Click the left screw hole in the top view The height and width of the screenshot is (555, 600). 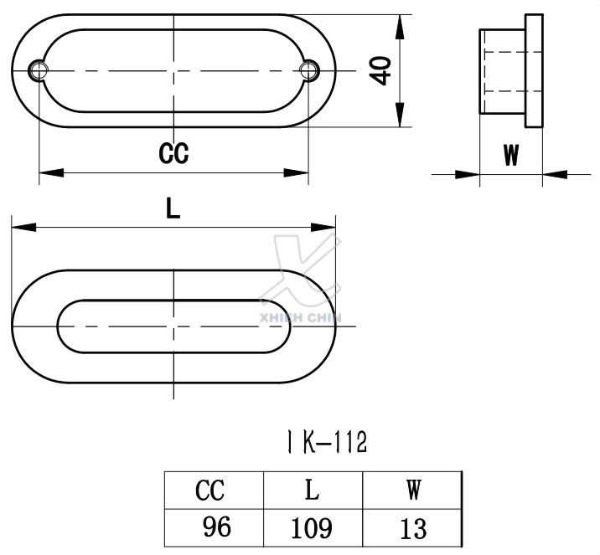(39, 70)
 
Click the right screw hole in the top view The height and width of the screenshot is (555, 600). (309, 70)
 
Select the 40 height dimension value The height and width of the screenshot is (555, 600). (381, 71)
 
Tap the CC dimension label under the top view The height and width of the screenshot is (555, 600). (173, 153)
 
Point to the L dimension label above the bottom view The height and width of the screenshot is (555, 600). (173, 209)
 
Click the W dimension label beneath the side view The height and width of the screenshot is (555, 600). (510, 156)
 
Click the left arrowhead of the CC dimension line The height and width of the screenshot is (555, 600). (50, 173)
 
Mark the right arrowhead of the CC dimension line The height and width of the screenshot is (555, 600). (297, 173)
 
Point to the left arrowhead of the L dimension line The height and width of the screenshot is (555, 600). (23, 227)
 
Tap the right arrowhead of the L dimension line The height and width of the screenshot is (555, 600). (324, 227)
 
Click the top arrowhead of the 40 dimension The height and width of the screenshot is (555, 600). (401, 25)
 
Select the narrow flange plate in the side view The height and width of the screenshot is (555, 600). (533, 71)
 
